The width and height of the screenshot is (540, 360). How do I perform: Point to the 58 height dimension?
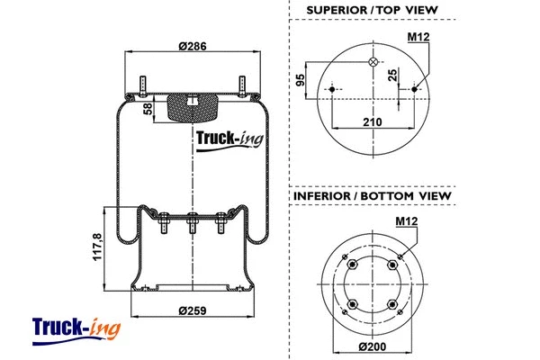coord(148,109)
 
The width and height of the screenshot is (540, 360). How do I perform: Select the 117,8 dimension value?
coord(96,249)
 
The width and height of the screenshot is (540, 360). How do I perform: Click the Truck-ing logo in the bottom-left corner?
coord(76,328)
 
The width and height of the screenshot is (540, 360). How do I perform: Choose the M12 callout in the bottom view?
coord(408,221)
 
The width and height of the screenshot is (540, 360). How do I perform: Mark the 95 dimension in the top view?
coord(299,86)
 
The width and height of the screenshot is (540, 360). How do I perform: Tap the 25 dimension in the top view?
coord(392,76)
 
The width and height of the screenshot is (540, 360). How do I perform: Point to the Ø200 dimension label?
coord(373,346)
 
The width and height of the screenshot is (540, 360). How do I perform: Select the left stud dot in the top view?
coord(333,89)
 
